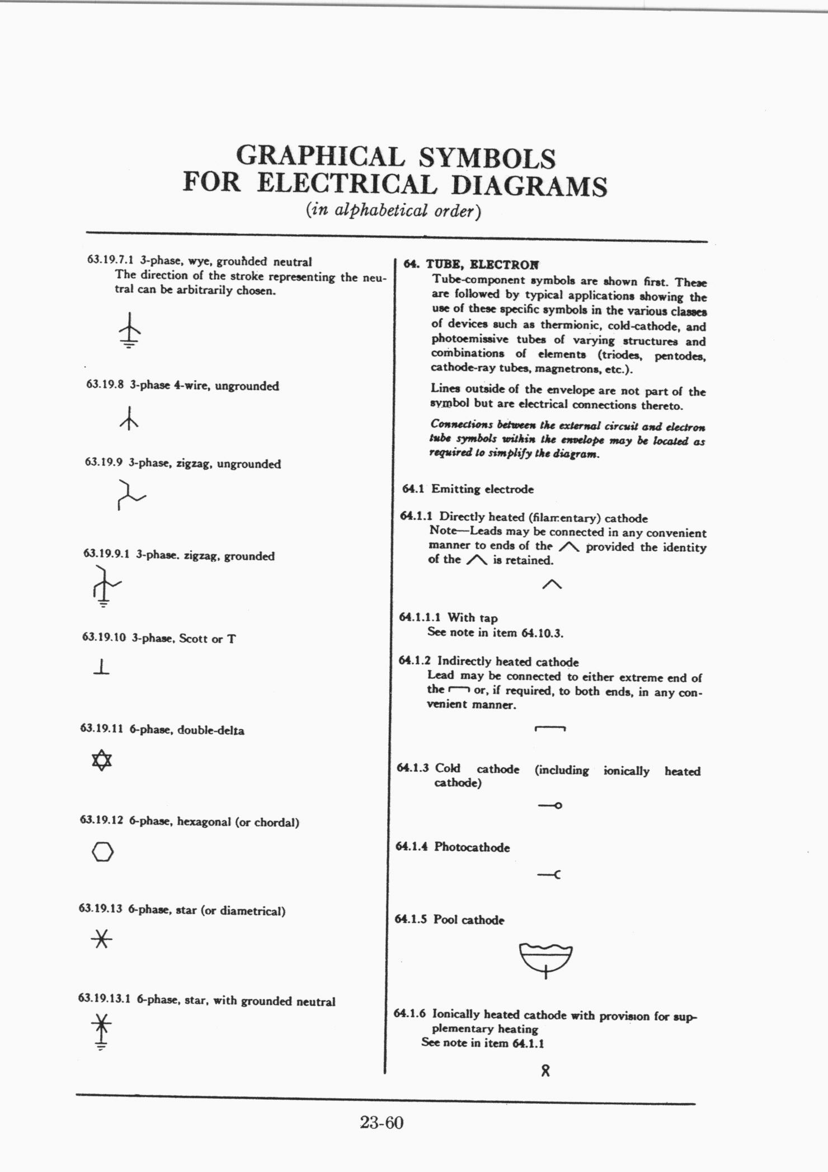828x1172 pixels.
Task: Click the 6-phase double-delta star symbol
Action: pos(102,760)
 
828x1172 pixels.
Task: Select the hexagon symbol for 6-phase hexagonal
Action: pos(102,852)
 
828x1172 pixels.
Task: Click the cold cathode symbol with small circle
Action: pos(550,806)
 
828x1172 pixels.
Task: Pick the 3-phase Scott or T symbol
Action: pos(102,667)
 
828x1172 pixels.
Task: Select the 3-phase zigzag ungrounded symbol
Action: pos(130,494)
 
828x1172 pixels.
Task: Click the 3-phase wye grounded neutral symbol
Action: pos(129,330)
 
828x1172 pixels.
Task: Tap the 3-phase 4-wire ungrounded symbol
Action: pos(129,419)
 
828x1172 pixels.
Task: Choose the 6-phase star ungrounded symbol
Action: pos(101,939)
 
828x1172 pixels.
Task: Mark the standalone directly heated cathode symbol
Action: pos(552,584)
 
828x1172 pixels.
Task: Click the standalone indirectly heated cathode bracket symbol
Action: pos(550,729)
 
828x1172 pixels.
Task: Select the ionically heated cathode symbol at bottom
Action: pos(545,1071)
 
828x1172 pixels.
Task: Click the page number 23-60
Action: pos(382,1123)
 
